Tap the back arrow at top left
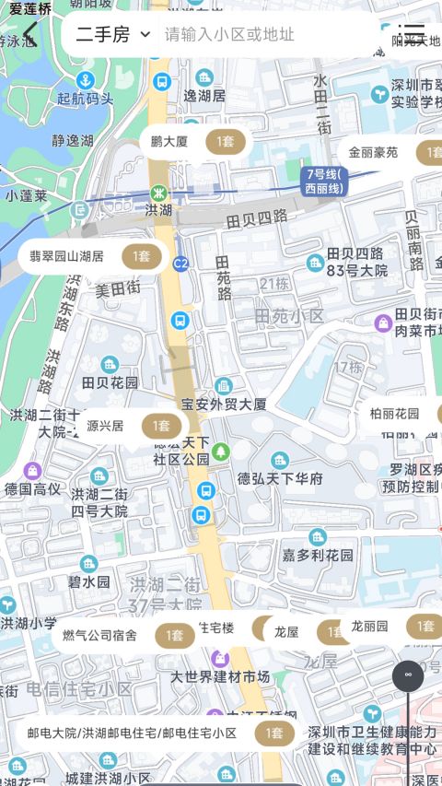coord(29,36)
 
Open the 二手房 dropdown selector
coord(112,35)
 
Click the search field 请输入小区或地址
coord(230,35)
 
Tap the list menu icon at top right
coord(412,35)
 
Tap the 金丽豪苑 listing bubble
coord(391,152)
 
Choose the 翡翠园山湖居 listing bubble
coord(90,256)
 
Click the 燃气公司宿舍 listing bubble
coord(122,635)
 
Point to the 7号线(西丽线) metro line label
coord(323,181)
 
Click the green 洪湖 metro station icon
coord(158,194)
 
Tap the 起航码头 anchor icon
coord(85,80)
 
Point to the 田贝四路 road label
coord(257,218)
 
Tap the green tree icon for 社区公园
coord(221,452)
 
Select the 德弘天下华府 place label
coord(280,478)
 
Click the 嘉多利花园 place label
coord(318,555)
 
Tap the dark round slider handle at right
coord(408,675)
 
